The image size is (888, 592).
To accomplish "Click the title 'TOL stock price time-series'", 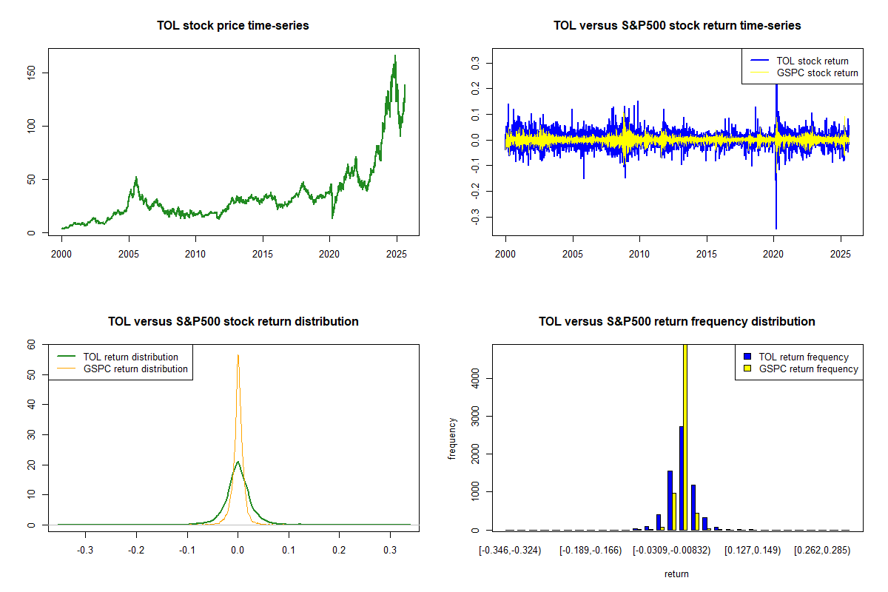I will pyautogui.click(x=233, y=25).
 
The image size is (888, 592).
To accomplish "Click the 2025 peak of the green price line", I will pyautogui.click(x=394, y=56).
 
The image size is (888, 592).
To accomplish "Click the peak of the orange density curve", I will pyautogui.click(x=238, y=355).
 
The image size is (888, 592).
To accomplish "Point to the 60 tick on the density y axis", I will pyautogui.click(x=32, y=344).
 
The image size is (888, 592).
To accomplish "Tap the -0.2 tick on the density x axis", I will pyautogui.click(x=136, y=551).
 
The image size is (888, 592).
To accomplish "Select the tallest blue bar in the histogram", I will pyautogui.click(x=681, y=478).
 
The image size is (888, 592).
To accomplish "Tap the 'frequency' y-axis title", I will pyautogui.click(x=452, y=438).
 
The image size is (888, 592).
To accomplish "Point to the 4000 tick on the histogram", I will pyautogui.click(x=475, y=379).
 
